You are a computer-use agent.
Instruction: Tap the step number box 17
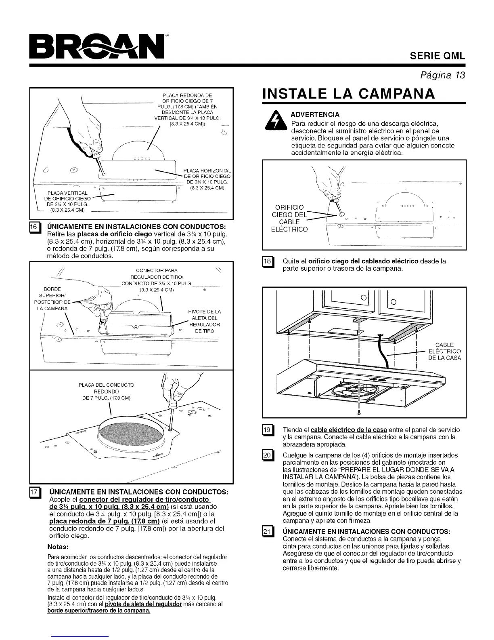35,493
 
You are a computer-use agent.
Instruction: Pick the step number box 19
268,430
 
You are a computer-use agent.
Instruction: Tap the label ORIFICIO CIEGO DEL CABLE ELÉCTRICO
289,218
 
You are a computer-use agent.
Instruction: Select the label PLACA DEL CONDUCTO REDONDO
106,391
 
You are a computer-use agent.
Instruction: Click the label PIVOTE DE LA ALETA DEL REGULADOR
205,321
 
